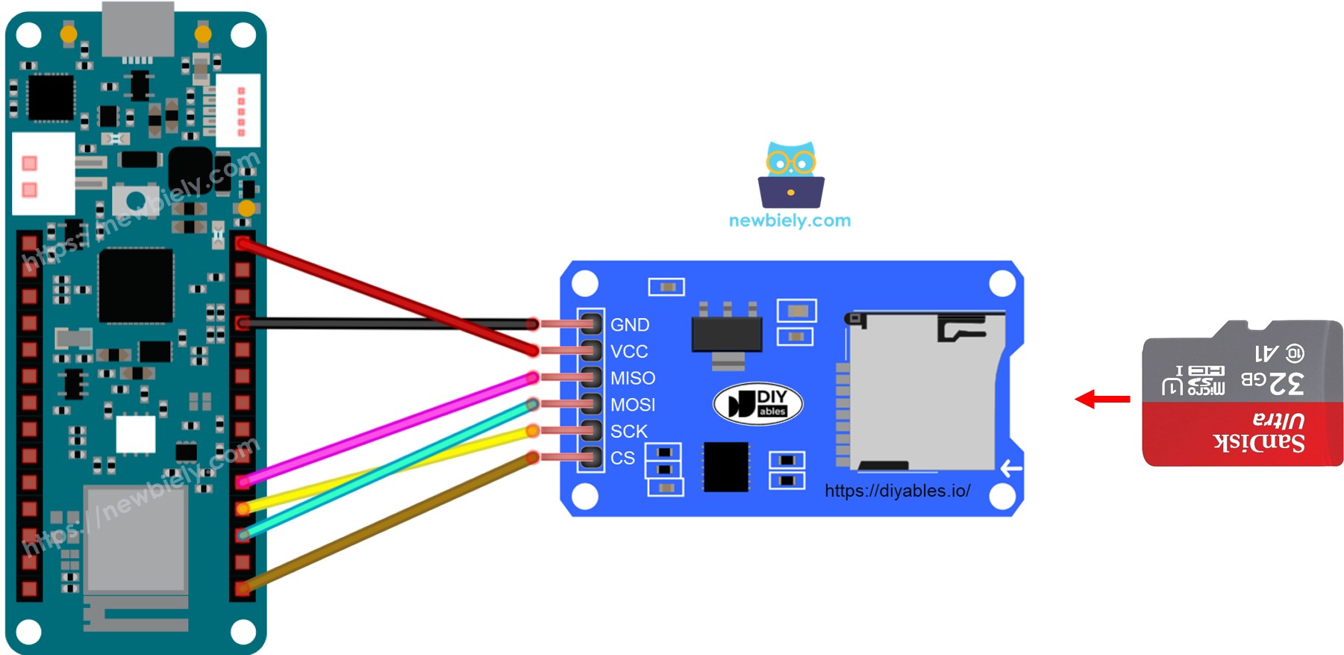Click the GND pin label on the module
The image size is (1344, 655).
point(629,325)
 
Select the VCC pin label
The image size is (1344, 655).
point(628,352)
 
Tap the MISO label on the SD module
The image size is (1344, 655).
point(632,379)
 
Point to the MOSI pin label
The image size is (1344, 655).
point(632,405)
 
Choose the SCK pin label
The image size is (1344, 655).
point(628,432)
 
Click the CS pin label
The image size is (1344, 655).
point(622,458)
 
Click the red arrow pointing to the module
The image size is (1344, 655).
point(1102,399)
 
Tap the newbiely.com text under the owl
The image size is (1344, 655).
point(790,220)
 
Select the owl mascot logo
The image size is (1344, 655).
point(791,175)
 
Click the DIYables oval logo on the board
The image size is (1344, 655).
point(757,404)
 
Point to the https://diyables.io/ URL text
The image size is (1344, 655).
point(897,491)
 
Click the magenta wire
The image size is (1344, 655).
point(388,429)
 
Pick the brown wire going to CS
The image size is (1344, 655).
point(388,522)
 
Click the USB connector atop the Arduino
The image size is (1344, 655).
point(138,28)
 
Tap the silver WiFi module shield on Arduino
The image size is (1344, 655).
point(135,538)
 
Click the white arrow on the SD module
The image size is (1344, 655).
point(1010,468)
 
